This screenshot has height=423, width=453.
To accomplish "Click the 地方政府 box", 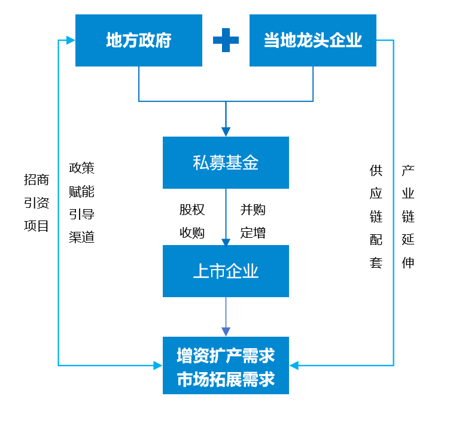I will tap(138, 40).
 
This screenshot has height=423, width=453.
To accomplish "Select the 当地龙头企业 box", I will tap(312, 40).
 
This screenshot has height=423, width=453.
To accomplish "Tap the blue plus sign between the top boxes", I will tap(226, 40).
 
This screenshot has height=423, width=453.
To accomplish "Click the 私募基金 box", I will tap(226, 162).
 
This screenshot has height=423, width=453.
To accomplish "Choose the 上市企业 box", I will tap(226, 271).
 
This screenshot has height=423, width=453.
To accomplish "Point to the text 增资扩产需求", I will tap(226, 355).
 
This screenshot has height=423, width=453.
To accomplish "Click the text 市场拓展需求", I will tap(226, 379).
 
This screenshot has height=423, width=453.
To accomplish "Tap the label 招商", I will tap(37, 180).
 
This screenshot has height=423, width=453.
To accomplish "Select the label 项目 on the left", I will tap(37, 226).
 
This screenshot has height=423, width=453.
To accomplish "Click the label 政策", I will tap(82, 168).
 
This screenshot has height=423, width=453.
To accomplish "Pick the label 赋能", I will tap(82, 192).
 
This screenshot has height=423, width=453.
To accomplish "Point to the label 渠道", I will tap(82, 237).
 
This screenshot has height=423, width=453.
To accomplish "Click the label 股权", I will tap(192, 210).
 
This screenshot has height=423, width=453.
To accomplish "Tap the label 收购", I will tap(192, 233).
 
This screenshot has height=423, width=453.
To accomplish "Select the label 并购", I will tap(253, 210).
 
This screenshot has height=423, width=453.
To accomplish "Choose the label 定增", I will tap(253, 233).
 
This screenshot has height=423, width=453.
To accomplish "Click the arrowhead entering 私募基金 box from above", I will tap(226, 131).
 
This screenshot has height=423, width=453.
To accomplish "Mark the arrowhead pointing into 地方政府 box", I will tap(71, 40).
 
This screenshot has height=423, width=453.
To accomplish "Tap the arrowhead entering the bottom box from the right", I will tap(294, 365).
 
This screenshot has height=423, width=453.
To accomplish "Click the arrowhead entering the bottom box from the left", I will tap(157, 365).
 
